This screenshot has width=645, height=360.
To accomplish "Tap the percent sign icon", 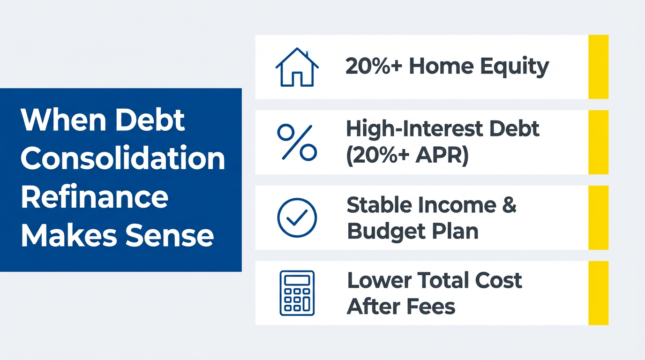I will tap(297, 142).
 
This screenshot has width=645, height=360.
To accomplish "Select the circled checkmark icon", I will tap(297, 217).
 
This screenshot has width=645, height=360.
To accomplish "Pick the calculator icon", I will tap(297, 292).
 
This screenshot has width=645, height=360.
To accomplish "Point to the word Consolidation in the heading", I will tap(123, 159).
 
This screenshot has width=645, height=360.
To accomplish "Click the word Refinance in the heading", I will tap(94, 197).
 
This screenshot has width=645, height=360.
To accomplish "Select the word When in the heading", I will tap(58, 120).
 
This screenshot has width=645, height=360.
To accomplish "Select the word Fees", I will tap(430, 307).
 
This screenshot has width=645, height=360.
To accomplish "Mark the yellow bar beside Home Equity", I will tap(598, 67).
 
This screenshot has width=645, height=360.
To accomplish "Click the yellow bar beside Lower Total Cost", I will tap(598, 293).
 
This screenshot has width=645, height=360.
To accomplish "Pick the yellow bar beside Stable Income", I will tap(598, 217).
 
